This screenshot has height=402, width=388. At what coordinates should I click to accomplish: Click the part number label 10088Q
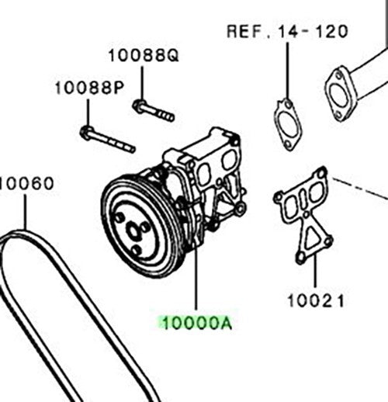(x=144, y=56)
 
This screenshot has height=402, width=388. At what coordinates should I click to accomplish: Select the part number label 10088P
(x=89, y=88)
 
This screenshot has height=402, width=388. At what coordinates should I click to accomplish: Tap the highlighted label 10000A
(x=197, y=323)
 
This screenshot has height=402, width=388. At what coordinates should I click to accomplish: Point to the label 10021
(x=316, y=301)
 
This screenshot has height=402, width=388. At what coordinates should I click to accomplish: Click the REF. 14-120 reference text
(x=287, y=32)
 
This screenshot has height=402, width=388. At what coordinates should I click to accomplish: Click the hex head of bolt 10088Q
(x=138, y=106)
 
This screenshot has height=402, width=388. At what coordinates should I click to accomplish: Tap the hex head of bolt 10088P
(x=85, y=132)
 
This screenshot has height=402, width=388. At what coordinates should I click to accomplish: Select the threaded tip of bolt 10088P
(x=131, y=149)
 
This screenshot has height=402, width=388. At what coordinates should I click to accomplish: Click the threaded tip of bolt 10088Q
(x=170, y=117)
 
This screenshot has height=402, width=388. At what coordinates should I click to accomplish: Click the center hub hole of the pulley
(x=133, y=232)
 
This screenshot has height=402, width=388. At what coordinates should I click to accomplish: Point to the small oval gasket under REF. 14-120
(x=288, y=125)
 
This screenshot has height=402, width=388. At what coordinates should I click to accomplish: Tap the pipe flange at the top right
(x=339, y=94)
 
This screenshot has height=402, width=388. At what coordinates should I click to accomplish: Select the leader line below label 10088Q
(x=142, y=83)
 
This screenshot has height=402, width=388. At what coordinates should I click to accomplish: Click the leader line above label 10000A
(x=196, y=278)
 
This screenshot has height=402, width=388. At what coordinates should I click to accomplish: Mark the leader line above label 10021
(x=316, y=271)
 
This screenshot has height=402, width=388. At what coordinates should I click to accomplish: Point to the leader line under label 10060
(x=26, y=213)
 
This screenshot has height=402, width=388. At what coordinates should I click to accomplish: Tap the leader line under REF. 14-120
(x=287, y=71)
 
